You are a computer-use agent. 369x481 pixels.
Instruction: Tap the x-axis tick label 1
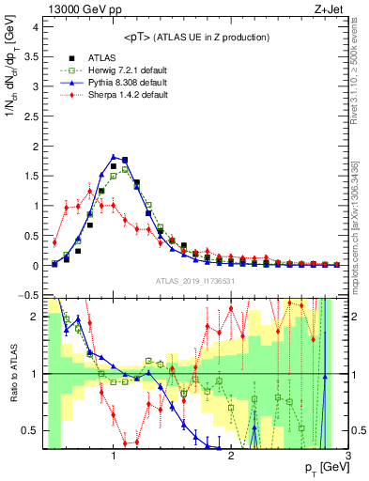tap(114, 456)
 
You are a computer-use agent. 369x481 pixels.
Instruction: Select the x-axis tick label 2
tap(231, 456)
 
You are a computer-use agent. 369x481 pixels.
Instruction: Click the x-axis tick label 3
tap(346, 456)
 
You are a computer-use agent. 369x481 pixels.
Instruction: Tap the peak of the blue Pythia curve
tap(114, 157)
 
